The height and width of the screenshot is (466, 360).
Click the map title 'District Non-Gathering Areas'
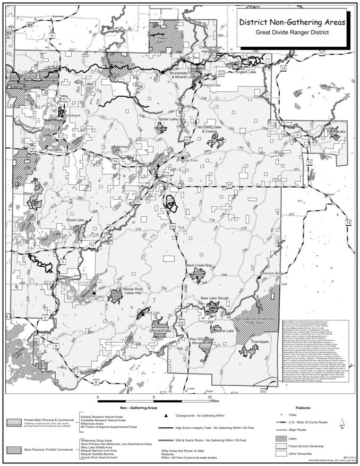(x=292, y=22)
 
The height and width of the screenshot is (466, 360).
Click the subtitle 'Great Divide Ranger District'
(x=292, y=32)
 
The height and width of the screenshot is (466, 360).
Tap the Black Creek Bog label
(x=199, y=265)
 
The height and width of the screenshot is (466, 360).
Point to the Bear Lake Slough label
(x=215, y=299)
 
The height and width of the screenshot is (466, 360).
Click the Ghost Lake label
(x=75, y=219)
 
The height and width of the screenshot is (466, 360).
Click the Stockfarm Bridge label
(x=270, y=273)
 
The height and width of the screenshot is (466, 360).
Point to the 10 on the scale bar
(x=209, y=397)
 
